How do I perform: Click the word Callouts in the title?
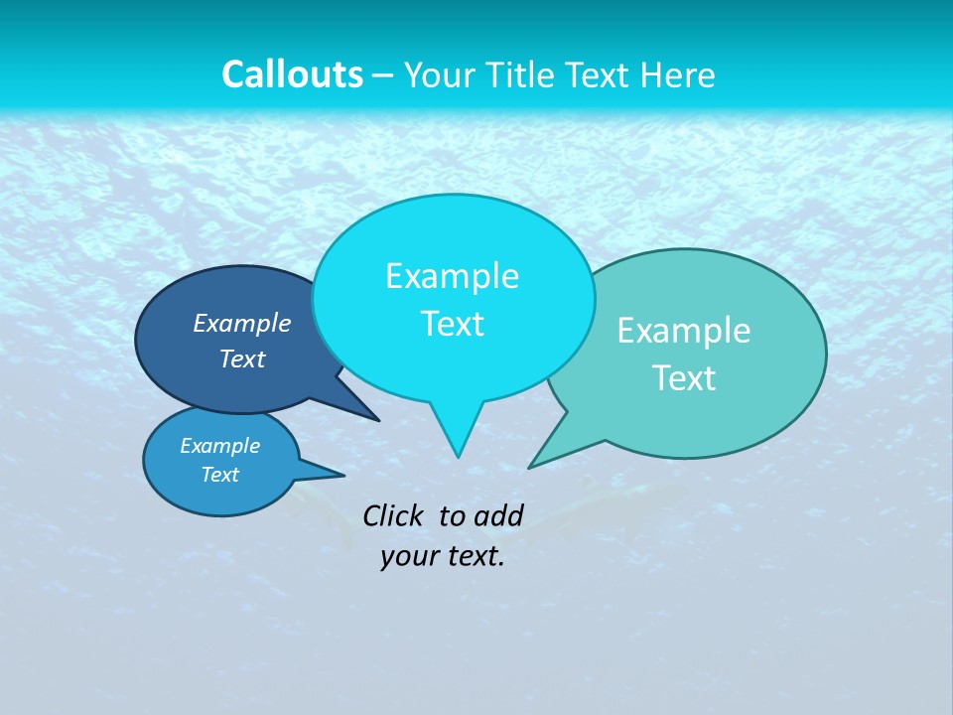(x=292, y=75)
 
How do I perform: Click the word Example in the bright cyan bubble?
(x=452, y=276)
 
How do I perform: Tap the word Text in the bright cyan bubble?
(x=452, y=324)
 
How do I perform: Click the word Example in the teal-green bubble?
(x=684, y=331)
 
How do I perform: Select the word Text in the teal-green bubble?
(x=684, y=378)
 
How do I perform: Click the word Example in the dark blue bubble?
(x=242, y=323)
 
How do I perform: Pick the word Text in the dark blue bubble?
(x=242, y=358)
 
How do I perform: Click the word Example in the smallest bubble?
(x=220, y=446)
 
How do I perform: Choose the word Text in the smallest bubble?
(x=220, y=475)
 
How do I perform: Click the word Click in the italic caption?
(x=394, y=515)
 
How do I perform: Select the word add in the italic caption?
(x=498, y=515)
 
